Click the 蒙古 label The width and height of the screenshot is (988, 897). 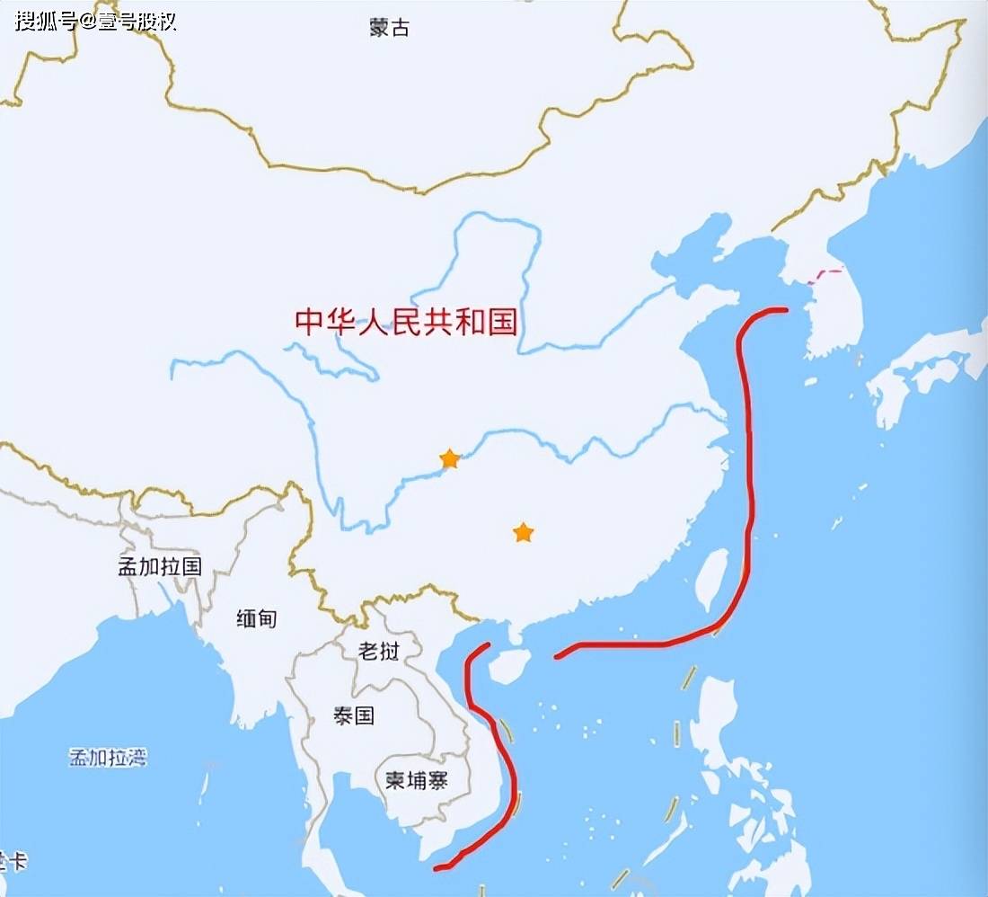pyautogui.click(x=389, y=27)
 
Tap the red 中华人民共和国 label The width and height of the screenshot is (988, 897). pyautogui.click(x=406, y=321)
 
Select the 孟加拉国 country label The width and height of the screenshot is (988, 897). pyautogui.click(x=160, y=566)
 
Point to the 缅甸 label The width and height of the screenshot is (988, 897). pyautogui.click(x=256, y=618)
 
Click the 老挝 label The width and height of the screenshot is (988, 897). pyautogui.click(x=378, y=650)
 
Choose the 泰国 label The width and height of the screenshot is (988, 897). pyautogui.click(x=353, y=715)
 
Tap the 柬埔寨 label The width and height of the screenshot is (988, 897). pyautogui.click(x=416, y=780)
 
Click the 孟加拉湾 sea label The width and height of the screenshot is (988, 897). pyautogui.click(x=108, y=757)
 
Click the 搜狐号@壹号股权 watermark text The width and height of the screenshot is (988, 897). pyautogui.click(x=95, y=21)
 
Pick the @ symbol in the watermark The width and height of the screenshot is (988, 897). pyautogui.click(x=88, y=21)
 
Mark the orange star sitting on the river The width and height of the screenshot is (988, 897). pyautogui.click(x=449, y=460)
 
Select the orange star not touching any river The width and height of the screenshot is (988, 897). pyautogui.click(x=523, y=533)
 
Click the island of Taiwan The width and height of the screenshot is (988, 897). pyautogui.click(x=712, y=580)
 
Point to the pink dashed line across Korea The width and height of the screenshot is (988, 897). pyautogui.click(x=826, y=275)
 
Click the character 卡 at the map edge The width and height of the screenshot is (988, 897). pyautogui.click(x=17, y=861)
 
